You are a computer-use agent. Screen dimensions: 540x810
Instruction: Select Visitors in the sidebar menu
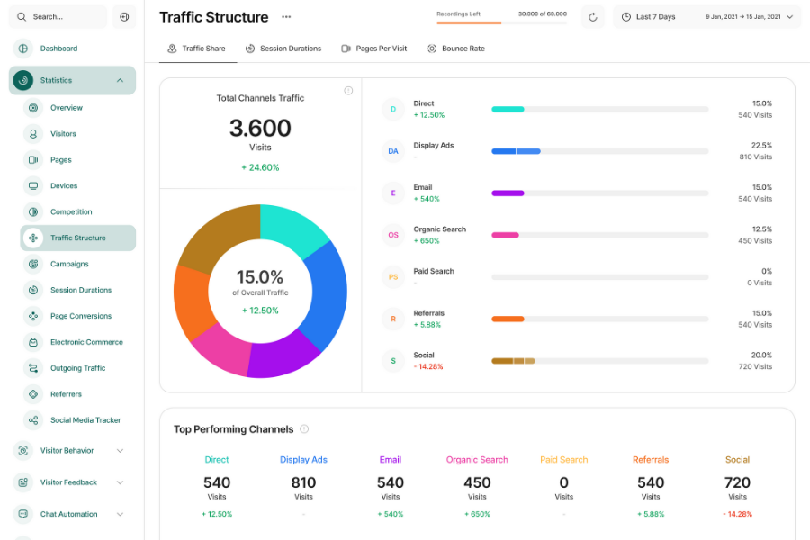(63, 134)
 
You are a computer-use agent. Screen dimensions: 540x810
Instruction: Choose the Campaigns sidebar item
(69, 265)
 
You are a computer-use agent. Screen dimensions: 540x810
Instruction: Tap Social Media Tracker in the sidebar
(85, 420)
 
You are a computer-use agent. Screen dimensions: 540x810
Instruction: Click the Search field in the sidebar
(59, 16)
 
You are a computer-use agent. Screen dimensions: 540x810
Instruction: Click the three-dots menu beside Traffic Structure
(286, 16)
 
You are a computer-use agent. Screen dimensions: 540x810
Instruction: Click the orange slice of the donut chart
(190, 301)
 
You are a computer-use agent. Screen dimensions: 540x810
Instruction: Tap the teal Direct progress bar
(508, 109)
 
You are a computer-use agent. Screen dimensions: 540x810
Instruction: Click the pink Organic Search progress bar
(505, 235)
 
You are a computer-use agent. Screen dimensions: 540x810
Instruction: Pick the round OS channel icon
(393, 235)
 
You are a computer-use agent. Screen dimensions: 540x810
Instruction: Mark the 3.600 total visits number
(260, 128)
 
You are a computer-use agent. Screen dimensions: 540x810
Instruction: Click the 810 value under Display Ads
(303, 482)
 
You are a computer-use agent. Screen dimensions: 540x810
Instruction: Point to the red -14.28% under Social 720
(737, 514)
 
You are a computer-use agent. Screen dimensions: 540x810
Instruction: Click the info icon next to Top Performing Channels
(304, 429)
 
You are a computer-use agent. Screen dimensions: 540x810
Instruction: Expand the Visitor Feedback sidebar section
(69, 482)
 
